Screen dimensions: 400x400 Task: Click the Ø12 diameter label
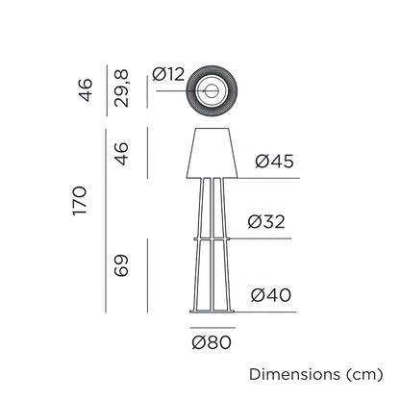tap(168, 74)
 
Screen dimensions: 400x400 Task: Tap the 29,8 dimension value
tap(121, 88)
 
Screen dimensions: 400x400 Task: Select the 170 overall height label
tap(80, 201)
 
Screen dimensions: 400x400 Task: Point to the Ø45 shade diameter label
tap(274, 161)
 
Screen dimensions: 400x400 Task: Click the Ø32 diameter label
tap(266, 221)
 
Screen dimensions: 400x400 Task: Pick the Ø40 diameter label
tap(271, 295)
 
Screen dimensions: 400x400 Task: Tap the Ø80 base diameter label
tap(212, 342)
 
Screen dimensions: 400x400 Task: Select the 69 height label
tap(121, 265)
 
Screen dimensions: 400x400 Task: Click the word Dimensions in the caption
tap(295, 374)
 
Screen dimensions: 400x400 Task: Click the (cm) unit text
tap(364, 374)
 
